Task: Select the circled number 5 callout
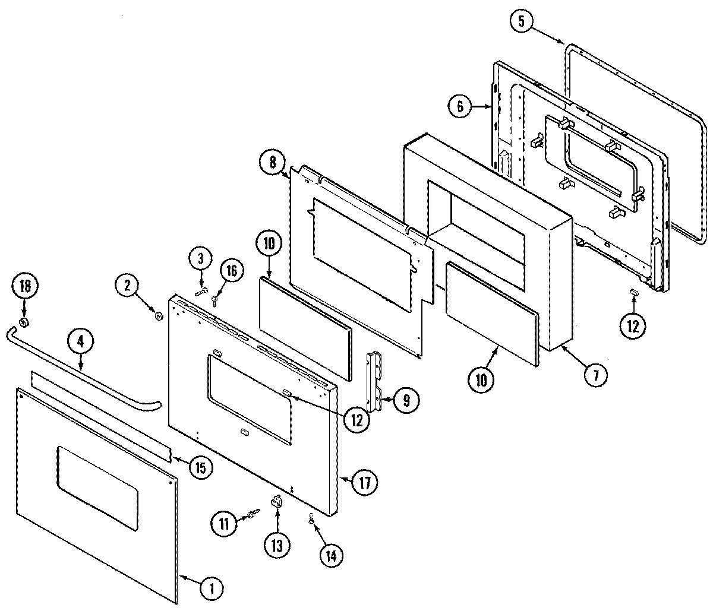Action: [521, 22]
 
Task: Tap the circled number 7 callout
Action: [595, 374]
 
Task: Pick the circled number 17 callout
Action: [364, 482]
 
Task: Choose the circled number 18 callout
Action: [24, 286]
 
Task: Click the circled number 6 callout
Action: [459, 107]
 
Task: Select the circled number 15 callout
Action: [201, 467]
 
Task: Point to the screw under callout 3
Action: [201, 291]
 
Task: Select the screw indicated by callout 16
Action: [215, 301]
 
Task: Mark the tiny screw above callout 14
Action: [311, 518]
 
